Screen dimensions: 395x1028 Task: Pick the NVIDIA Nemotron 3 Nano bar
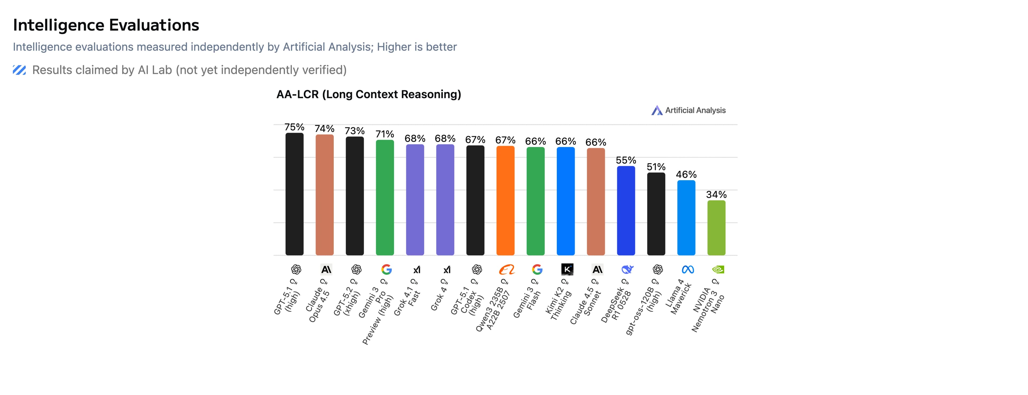pos(716,228)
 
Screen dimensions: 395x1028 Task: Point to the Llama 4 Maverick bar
pos(686,218)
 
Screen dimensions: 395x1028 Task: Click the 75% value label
pos(294,127)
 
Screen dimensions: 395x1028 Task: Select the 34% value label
pos(716,194)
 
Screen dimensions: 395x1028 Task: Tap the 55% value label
pos(626,160)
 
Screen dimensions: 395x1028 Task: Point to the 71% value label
pos(385,134)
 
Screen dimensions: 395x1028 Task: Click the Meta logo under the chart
pos(687,270)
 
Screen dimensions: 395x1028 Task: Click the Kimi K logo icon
pos(567,270)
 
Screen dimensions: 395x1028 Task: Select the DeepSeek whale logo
pos(627,270)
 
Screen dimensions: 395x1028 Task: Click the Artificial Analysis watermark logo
pos(656,110)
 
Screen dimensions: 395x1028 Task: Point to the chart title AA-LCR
pos(368,94)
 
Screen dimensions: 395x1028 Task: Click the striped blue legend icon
pos(19,70)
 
